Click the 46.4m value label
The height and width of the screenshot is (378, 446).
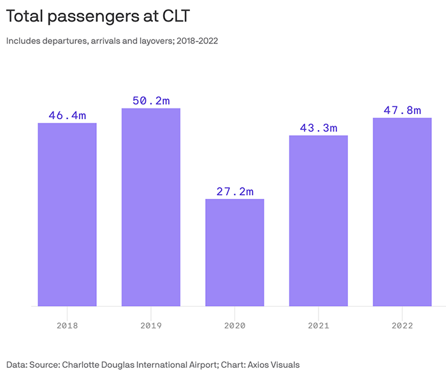[68, 115]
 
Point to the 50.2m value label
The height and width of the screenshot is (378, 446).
[151, 101]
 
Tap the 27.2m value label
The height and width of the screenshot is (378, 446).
[234, 191]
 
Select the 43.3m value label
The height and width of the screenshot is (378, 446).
[319, 127]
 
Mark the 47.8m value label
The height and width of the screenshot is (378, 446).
[402, 110]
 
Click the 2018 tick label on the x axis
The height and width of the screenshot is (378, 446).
[68, 325]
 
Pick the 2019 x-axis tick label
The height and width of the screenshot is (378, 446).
[151, 325]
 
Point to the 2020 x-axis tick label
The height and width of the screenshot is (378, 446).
[234, 325]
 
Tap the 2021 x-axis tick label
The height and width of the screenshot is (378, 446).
[319, 325]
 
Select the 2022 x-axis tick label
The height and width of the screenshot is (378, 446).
[402, 325]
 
